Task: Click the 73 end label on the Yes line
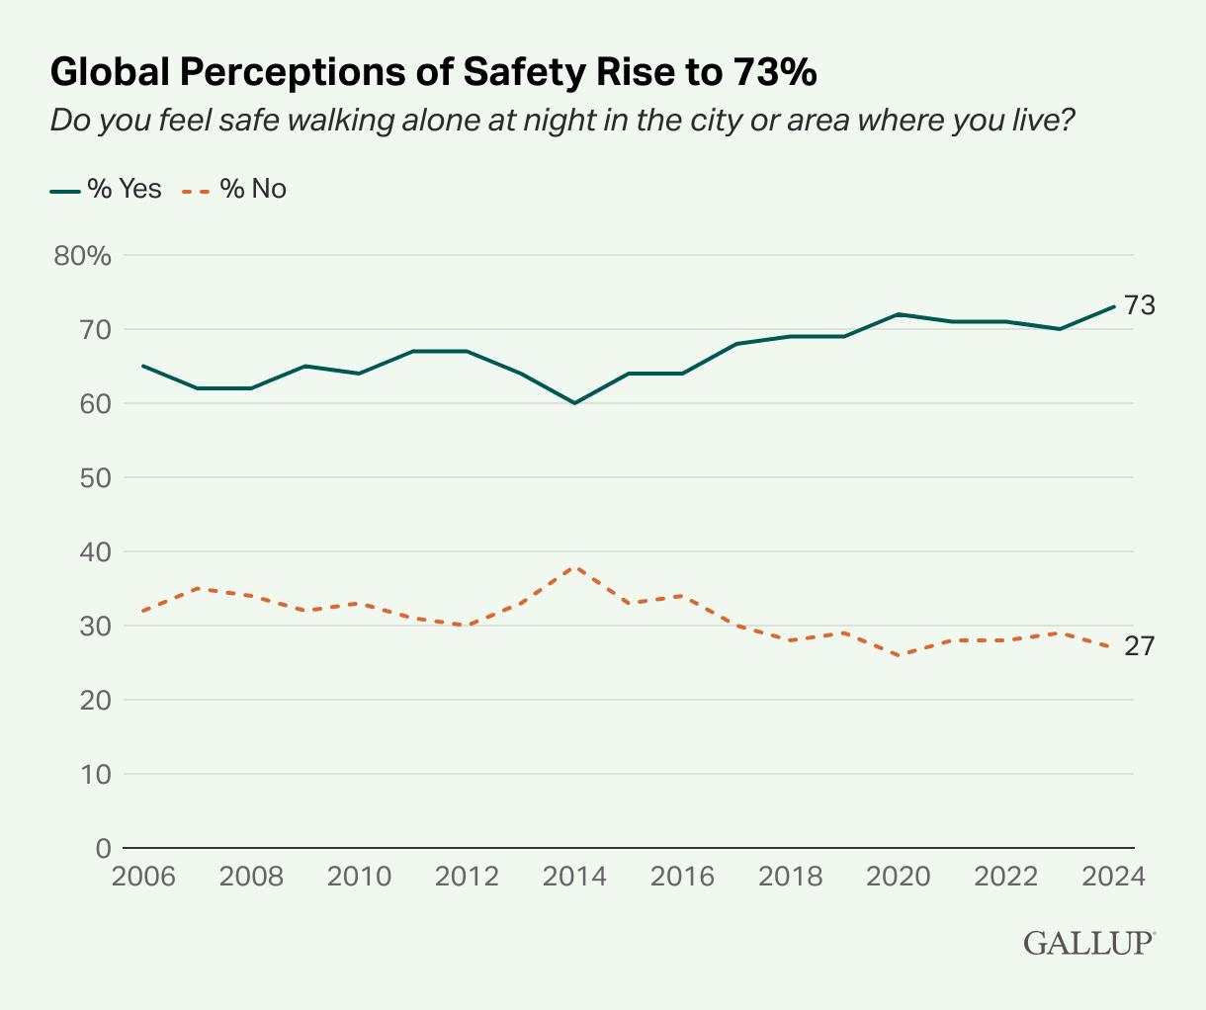point(1140,305)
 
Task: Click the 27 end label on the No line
point(1140,646)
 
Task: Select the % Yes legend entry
point(106,189)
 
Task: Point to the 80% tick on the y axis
point(83,256)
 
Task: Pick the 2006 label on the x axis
point(143,878)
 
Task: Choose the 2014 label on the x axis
point(574,878)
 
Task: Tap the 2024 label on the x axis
point(1114,878)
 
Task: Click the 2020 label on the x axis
point(898,878)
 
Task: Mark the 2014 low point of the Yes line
point(574,403)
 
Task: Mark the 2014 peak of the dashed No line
point(574,567)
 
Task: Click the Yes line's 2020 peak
point(898,314)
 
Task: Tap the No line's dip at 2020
point(898,655)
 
